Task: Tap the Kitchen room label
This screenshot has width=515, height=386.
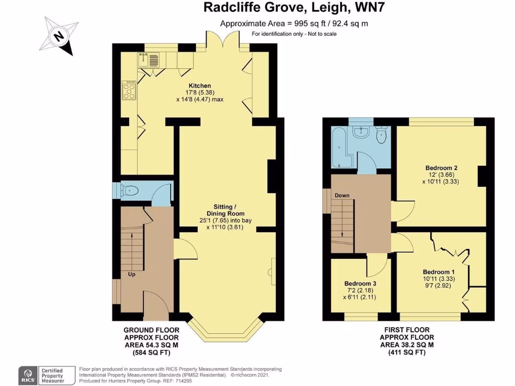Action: (200, 86)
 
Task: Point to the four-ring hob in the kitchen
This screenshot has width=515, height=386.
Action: (129, 90)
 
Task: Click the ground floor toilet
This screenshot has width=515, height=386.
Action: (131, 190)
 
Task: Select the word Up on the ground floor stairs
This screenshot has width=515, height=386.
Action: (131, 274)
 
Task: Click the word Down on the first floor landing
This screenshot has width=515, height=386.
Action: (342, 195)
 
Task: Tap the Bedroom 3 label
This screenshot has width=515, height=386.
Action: (360, 283)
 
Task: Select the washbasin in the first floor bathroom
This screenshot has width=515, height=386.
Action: (361, 133)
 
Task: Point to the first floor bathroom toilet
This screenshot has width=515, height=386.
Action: (381, 135)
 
